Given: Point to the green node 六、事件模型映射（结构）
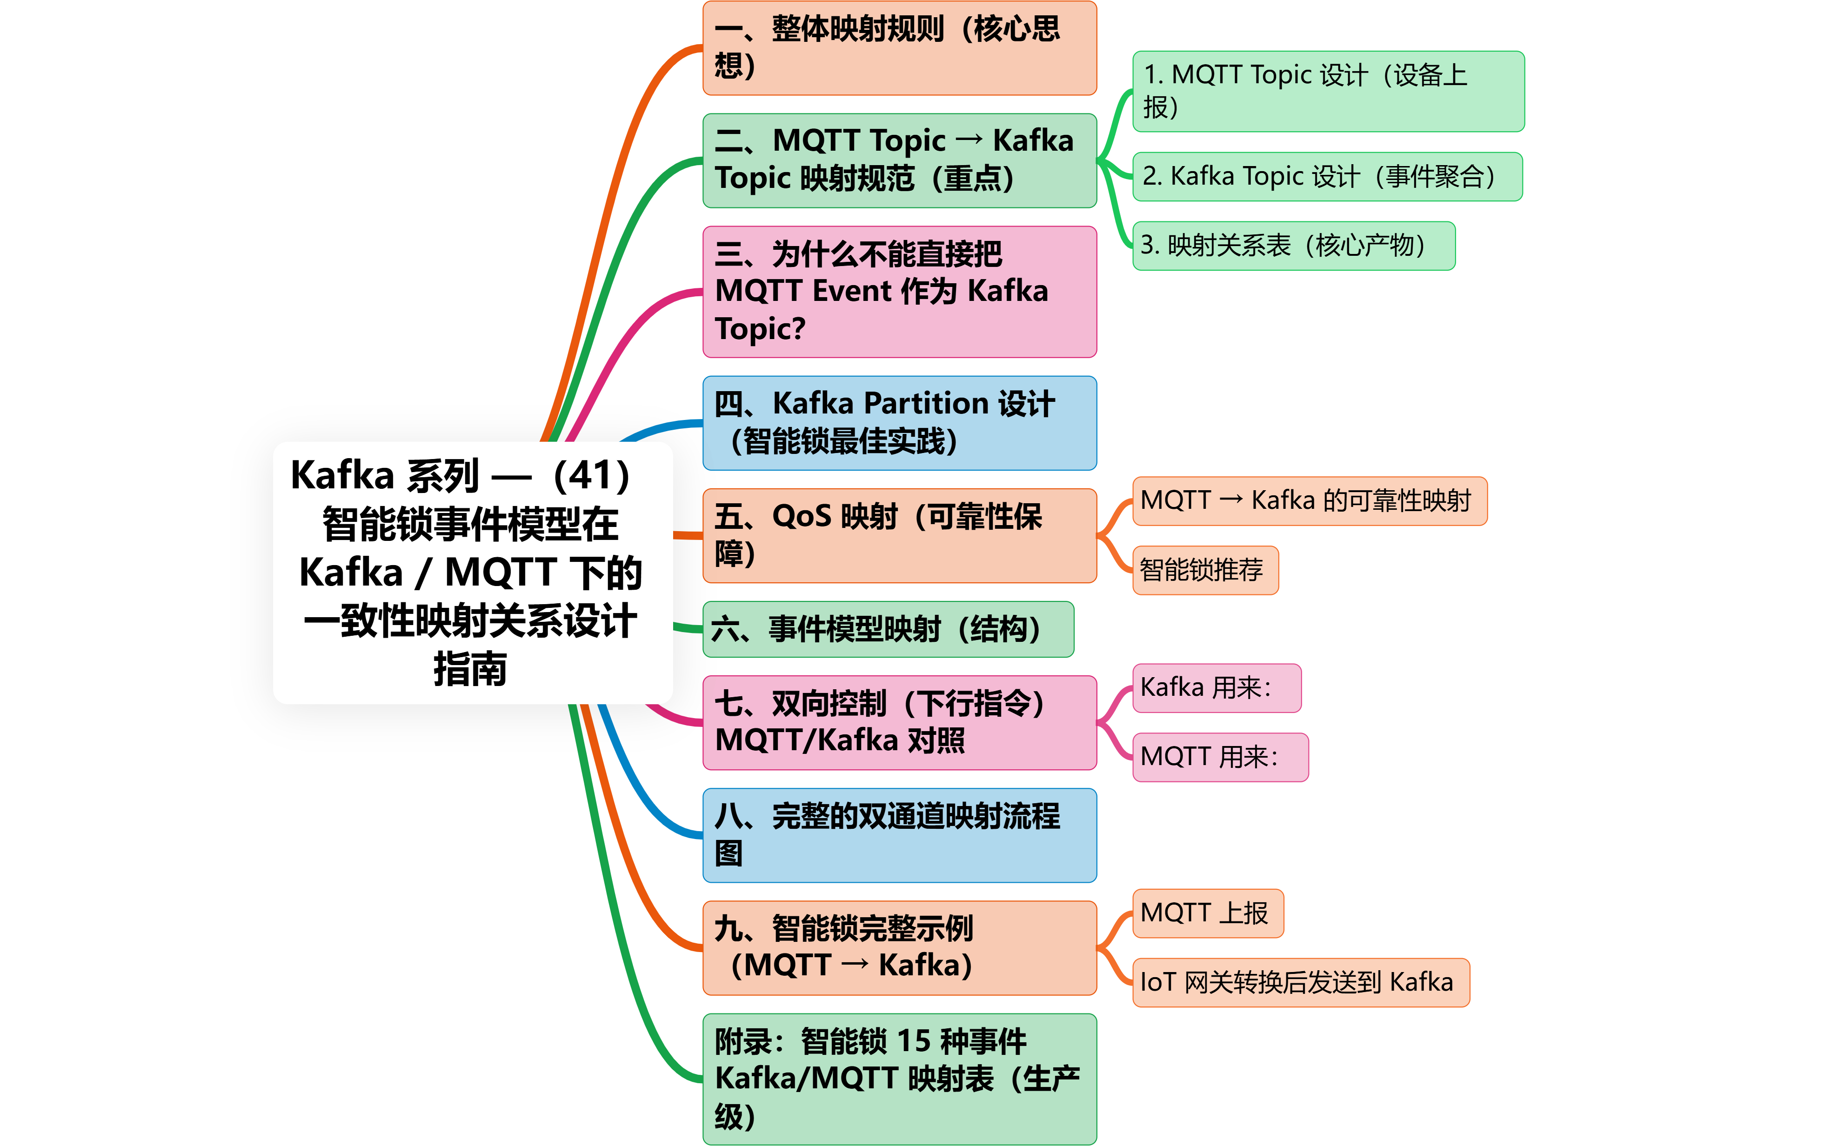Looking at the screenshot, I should (888, 629).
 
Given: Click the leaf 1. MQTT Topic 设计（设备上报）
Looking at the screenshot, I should (1328, 91).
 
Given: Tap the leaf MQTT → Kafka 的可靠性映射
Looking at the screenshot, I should (1309, 501).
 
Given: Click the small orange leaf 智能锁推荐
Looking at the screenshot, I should (1205, 570).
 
